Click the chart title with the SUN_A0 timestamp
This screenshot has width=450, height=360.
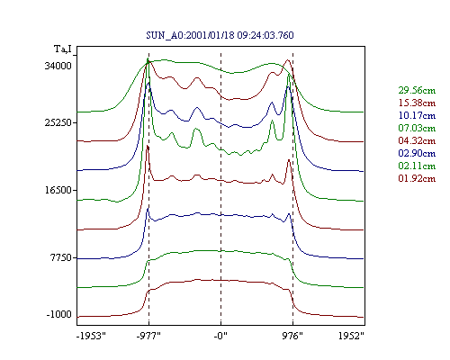click(220, 35)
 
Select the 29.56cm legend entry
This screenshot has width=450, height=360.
click(417, 90)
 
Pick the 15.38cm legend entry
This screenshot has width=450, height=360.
click(417, 103)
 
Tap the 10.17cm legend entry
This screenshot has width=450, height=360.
click(417, 115)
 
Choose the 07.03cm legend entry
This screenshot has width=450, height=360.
click(417, 128)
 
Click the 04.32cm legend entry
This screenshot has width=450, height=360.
click(417, 140)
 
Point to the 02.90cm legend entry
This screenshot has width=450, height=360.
click(417, 153)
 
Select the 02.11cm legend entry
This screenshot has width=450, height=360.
click(417, 166)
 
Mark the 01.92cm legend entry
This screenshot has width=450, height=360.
click(417, 178)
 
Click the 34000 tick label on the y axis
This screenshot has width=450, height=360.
click(58, 66)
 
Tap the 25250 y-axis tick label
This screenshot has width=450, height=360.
click(58, 122)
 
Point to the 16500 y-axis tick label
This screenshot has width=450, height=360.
click(58, 190)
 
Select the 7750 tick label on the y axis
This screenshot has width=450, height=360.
click(60, 257)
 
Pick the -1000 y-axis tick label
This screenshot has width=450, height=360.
click(59, 315)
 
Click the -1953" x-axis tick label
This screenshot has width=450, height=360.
click(91, 336)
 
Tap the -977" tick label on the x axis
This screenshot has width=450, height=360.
click(148, 336)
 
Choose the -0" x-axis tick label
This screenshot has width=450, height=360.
click(220, 336)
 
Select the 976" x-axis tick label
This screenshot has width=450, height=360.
click(292, 336)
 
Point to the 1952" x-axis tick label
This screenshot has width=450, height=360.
click(351, 336)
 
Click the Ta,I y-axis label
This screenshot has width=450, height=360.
click(63, 49)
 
